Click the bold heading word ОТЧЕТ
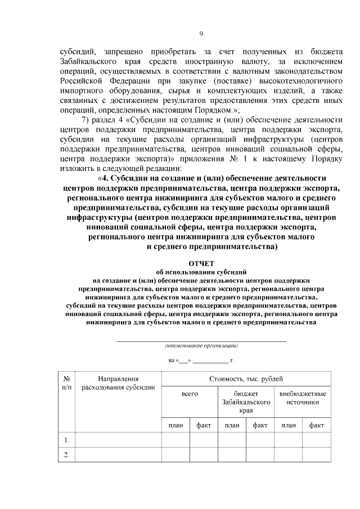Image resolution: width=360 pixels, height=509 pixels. tap(201, 263)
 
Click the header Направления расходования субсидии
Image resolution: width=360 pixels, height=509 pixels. tap(118, 384)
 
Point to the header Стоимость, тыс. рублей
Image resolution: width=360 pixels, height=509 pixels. tap(246, 380)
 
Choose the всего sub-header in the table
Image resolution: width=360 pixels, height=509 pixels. tap(190, 395)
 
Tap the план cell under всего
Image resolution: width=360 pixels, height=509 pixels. tap(175, 426)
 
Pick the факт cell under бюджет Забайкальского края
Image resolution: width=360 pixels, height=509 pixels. tap(260, 426)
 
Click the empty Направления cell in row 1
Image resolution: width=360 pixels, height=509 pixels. tap(118, 440)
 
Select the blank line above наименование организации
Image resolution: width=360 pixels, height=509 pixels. tap(201, 340)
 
